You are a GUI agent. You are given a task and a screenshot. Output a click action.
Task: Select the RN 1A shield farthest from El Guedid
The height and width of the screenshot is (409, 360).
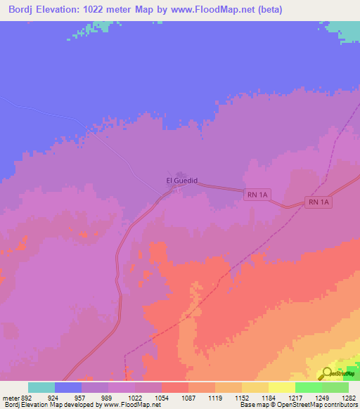pyautogui.click(x=319, y=202)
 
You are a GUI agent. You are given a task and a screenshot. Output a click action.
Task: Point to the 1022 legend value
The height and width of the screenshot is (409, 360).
pyautogui.click(x=148, y=398)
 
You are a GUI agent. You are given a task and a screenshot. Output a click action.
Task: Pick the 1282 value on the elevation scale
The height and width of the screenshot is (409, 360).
pyautogui.click(x=349, y=398)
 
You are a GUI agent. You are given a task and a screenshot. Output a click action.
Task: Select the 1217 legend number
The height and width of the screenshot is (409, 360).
pyautogui.click(x=308, y=398)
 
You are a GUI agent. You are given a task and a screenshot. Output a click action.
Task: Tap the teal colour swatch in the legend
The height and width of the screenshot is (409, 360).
pyautogui.click(x=41, y=387)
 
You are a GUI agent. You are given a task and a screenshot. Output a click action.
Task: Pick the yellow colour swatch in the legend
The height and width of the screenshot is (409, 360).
pyautogui.click(x=282, y=387)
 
